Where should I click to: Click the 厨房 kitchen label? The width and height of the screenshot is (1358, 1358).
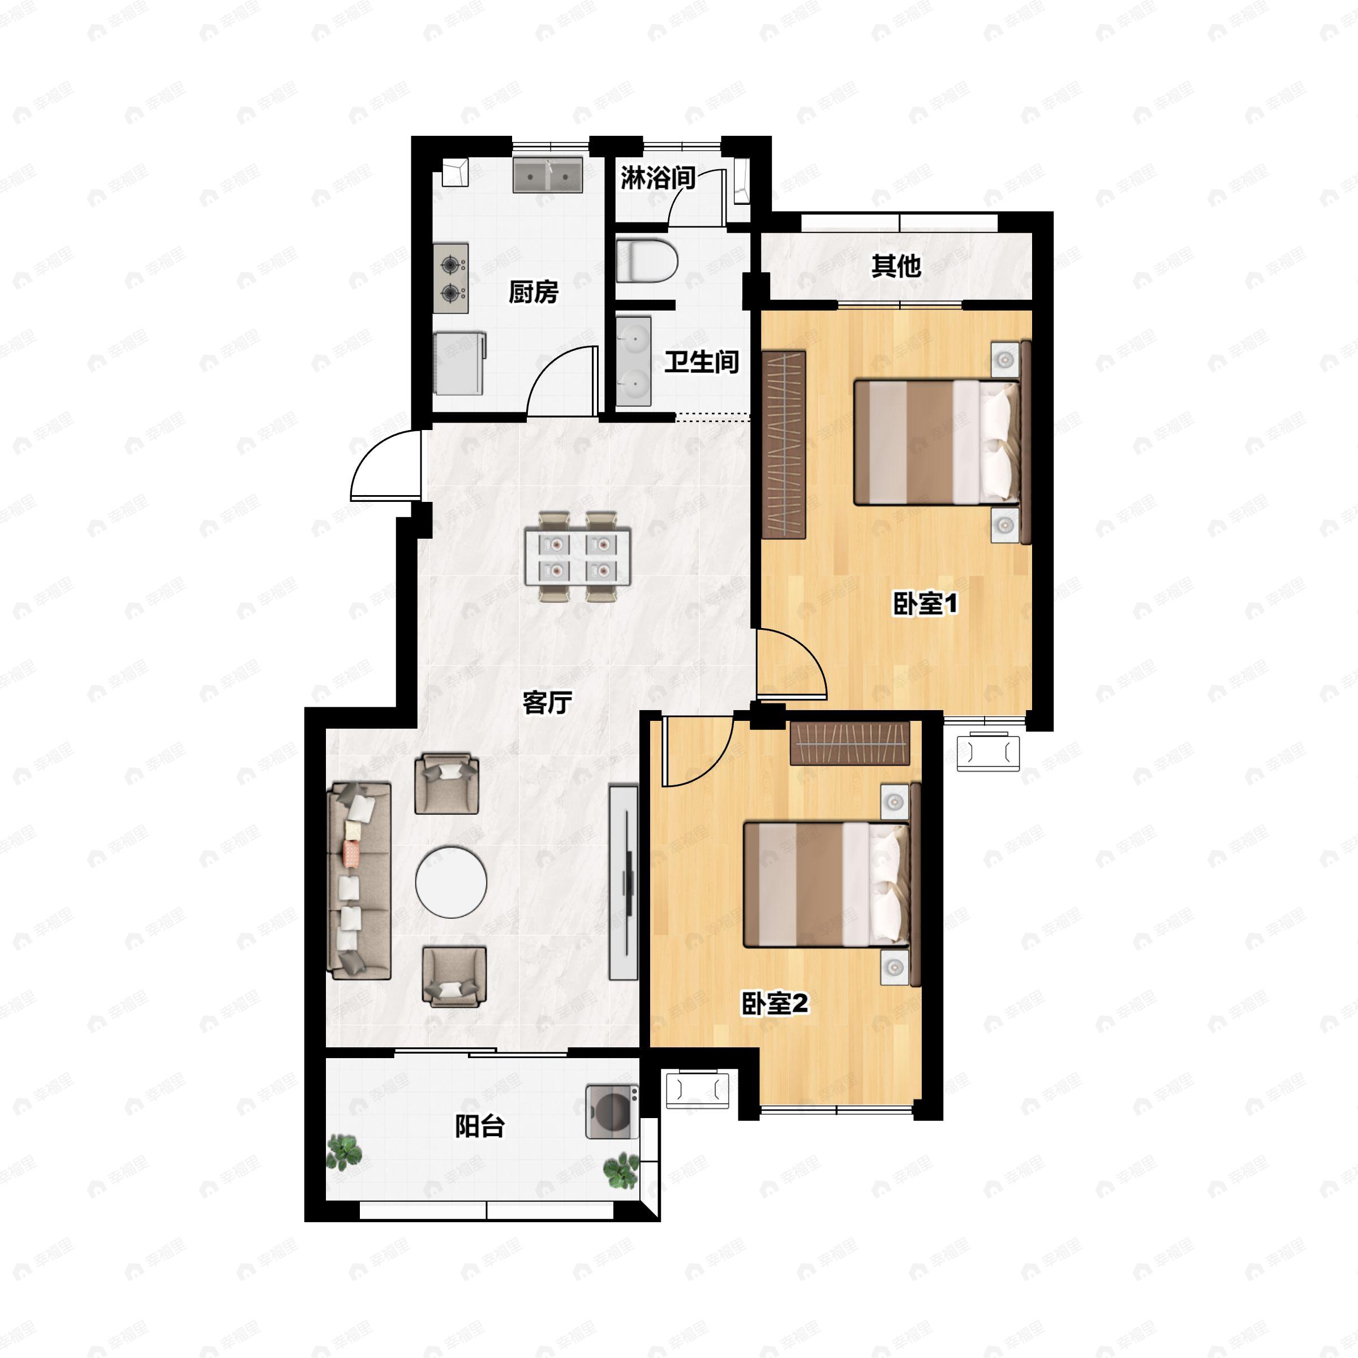534,292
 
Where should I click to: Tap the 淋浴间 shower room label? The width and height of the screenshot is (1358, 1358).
657,178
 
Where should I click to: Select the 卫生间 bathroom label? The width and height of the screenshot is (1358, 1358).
702,362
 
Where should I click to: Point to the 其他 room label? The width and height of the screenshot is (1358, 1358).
896,266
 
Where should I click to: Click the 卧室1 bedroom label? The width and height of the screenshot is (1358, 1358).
925,603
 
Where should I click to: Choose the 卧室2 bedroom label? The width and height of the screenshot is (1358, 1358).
775,1004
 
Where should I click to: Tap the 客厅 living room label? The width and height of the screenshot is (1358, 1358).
547,702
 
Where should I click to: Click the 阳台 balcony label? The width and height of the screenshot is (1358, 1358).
480,1126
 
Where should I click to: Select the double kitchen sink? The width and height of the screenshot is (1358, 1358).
548,174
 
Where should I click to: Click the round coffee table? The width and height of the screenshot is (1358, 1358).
452,882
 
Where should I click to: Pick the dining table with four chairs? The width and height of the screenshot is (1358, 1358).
578,556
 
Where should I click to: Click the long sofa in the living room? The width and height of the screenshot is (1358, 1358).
359,881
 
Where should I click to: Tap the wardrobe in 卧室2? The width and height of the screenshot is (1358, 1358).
850,743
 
